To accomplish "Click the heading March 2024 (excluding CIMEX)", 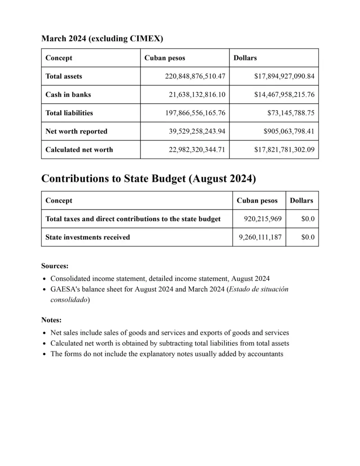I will [102, 39].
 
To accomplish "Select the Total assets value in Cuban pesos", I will [195, 77].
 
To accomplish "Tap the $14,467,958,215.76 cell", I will [284, 95].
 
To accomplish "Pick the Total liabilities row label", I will [69, 113].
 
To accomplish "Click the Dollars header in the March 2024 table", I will [245, 58].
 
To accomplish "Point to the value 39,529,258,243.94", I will [195, 131].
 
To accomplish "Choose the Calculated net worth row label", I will [79, 149].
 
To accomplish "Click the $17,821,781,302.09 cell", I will [284, 149].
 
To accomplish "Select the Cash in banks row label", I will [68, 95].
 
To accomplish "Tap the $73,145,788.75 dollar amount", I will [291, 113].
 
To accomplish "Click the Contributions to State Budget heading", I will [148, 179].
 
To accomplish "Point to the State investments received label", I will [88, 237].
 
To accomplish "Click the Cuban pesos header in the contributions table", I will [257, 200].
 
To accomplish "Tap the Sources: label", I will [55, 266].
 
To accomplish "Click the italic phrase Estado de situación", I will [258, 289].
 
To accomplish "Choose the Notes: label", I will [51, 320].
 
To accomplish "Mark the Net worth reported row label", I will [76, 131].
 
